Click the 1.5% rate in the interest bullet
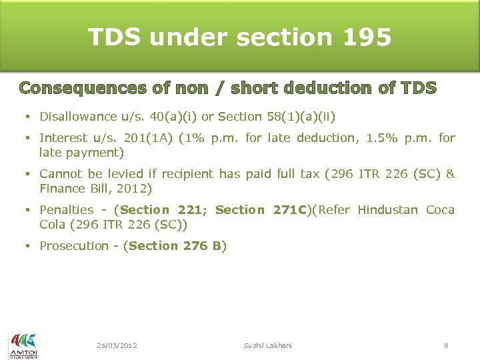[369, 138]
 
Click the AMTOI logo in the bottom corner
[23, 345]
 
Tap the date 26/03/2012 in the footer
[117, 345]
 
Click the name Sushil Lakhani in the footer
[268, 345]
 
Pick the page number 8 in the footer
[447, 345]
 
